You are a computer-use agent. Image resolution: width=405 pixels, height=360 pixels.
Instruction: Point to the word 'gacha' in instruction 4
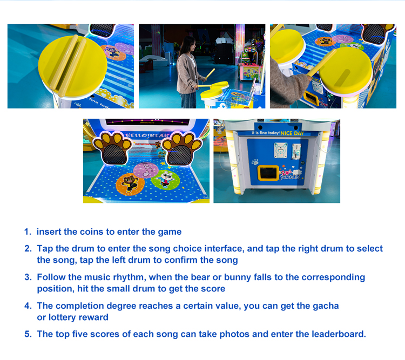[x=326, y=306]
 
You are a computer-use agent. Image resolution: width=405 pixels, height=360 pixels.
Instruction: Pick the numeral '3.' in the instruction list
[x=28, y=277]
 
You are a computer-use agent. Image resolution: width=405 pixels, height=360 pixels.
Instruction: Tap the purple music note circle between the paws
[x=146, y=170]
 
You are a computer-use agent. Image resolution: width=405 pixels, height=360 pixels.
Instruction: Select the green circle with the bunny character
[x=165, y=180]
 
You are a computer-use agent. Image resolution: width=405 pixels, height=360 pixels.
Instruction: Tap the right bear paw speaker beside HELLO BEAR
[x=181, y=149]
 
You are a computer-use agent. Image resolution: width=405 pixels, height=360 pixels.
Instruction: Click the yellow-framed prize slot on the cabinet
[x=268, y=173]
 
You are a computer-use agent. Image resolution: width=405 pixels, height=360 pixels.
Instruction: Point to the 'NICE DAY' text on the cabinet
[x=292, y=133]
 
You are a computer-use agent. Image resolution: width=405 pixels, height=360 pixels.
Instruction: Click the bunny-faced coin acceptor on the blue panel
[x=280, y=150]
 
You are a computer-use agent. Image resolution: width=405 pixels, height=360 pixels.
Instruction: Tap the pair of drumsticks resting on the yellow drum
[x=68, y=65]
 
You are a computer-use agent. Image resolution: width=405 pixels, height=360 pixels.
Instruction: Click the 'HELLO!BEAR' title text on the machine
[x=147, y=135]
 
